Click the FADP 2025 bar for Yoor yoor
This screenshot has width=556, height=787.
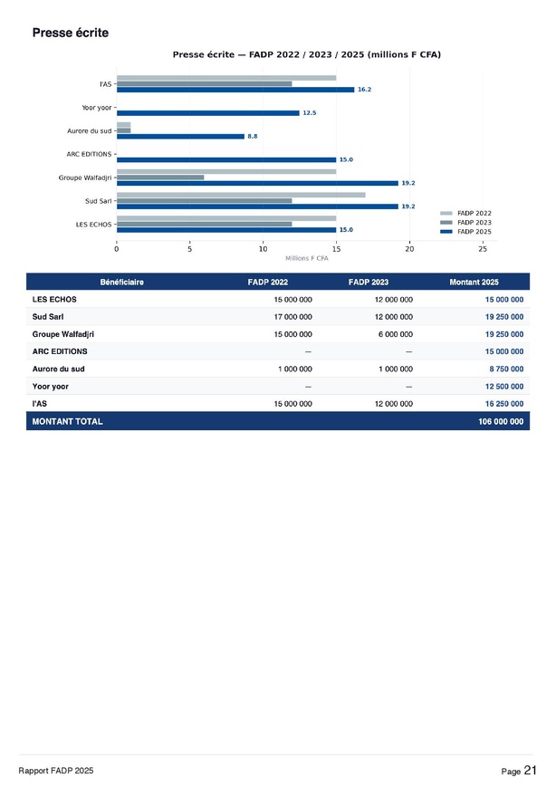(208, 113)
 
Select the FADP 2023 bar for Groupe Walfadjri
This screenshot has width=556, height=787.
(160, 178)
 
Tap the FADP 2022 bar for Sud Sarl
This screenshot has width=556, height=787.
(241, 195)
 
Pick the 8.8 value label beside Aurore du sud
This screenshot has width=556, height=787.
(252, 136)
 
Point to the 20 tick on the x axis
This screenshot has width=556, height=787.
(409, 248)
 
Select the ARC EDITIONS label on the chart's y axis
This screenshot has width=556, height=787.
(89, 154)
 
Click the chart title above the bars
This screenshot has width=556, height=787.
(306, 55)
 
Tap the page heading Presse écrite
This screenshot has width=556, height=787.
(70, 33)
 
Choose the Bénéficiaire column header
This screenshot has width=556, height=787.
(121, 283)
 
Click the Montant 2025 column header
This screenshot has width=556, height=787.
(474, 283)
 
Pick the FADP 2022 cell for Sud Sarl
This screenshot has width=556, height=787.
(292, 316)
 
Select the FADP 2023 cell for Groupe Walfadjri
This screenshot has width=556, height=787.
(394, 333)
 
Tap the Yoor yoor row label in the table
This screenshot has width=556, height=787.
(51, 387)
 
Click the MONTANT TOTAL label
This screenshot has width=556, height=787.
(67, 421)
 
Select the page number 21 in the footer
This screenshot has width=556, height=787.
(530, 770)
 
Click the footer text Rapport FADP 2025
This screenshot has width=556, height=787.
(55, 770)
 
